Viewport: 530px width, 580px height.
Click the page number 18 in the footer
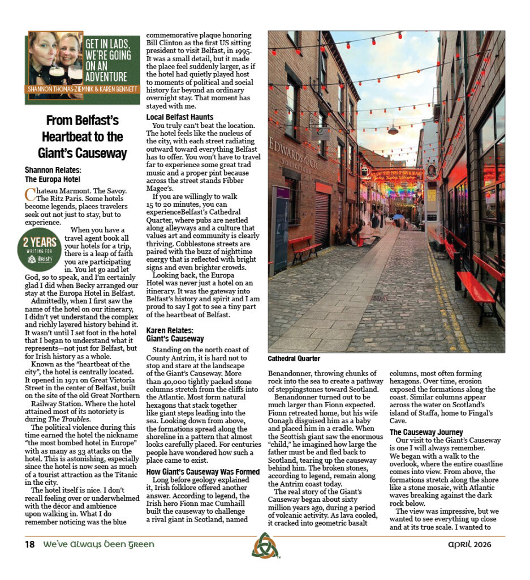(29, 544)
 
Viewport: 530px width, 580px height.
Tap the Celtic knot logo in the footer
(265, 545)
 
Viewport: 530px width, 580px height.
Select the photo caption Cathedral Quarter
(294, 359)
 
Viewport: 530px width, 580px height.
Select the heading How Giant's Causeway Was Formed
(202, 471)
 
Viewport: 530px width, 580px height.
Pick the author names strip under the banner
(82, 89)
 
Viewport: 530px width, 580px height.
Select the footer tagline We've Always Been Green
(98, 544)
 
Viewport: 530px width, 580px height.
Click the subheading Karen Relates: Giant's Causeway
(175, 334)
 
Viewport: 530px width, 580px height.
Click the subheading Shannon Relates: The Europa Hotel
(54, 174)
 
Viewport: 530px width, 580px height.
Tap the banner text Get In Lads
(110, 44)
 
